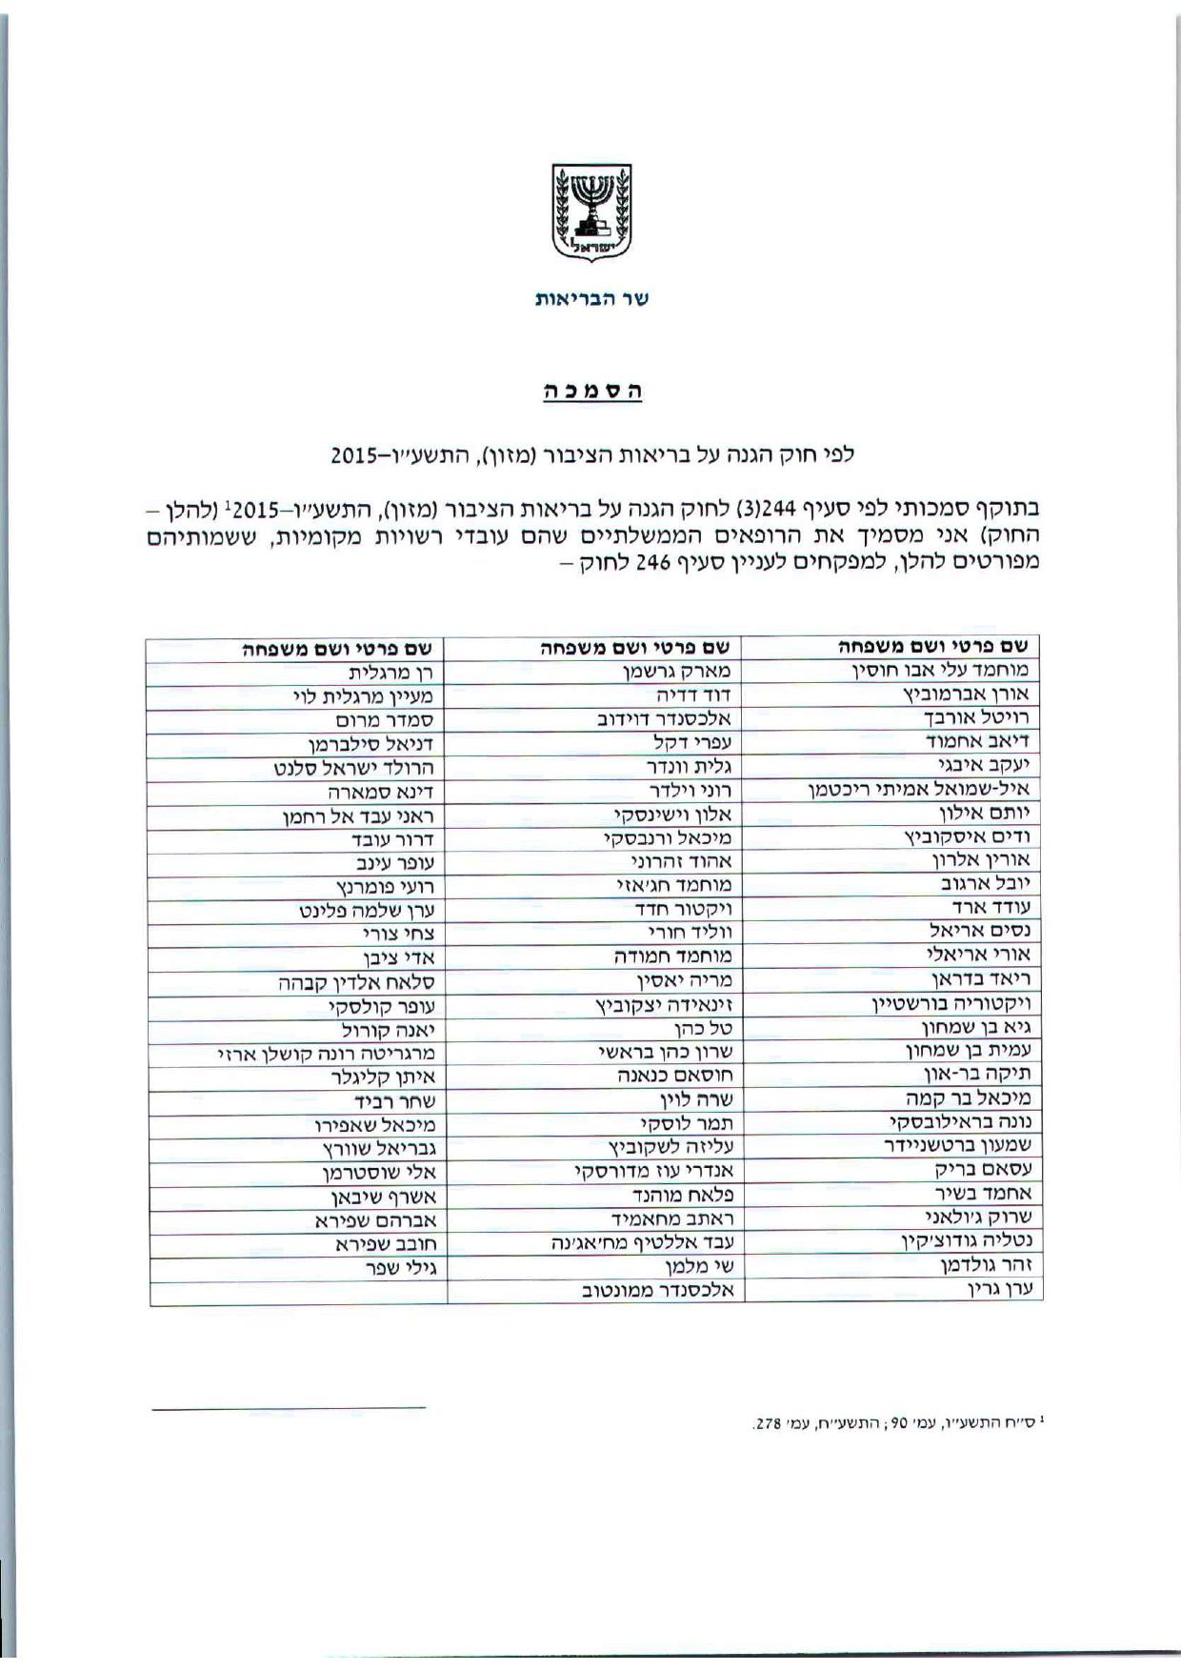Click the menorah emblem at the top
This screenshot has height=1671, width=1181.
click(591, 212)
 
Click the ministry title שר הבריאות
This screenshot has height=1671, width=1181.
click(591, 299)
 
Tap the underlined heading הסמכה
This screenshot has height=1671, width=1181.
click(591, 391)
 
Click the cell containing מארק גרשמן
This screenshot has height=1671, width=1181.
click(677, 673)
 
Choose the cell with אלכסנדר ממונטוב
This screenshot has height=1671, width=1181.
click(657, 1292)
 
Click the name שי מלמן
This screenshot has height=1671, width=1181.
click(701, 1267)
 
